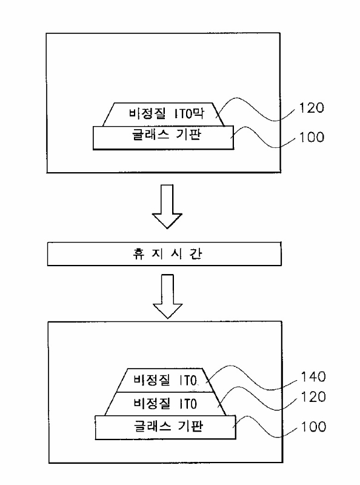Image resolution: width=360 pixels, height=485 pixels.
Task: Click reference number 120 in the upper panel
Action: (x=312, y=108)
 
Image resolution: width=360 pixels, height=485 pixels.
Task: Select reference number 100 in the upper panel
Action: (x=312, y=137)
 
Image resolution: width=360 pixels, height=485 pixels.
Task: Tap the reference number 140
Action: (x=313, y=376)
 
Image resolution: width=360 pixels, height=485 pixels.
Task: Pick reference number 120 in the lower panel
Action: (x=313, y=397)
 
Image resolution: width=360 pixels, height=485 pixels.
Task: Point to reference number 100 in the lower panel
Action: (x=313, y=427)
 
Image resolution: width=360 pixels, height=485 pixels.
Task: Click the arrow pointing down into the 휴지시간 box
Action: (x=167, y=207)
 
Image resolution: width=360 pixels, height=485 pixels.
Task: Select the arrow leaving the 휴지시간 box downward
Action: (x=168, y=296)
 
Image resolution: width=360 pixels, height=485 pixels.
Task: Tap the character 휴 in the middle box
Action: (x=139, y=254)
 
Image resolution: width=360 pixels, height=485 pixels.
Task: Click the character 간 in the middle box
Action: (x=196, y=254)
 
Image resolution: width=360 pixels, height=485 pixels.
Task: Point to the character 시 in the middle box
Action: (x=176, y=254)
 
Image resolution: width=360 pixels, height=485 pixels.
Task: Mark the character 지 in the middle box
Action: (x=158, y=254)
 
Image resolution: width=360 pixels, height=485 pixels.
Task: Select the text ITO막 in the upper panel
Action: (x=189, y=113)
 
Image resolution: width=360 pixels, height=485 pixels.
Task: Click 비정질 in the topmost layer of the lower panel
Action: (x=152, y=380)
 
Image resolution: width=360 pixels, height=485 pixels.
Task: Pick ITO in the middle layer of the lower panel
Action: (x=188, y=404)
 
